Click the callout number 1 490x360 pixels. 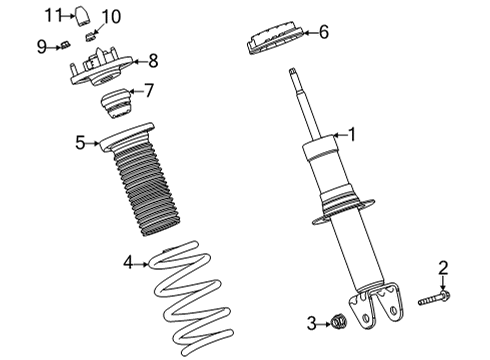[x=350, y=133]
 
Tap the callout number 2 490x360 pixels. [x=443, y=267]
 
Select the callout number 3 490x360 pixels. [x=311, y=322]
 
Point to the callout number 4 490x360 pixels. [x=128, y=263]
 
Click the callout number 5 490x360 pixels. [x=80, y=143]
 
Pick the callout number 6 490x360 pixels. [x=322, y=33]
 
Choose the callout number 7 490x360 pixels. [x=149, y=91]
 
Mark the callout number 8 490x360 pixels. [x=153, y=60]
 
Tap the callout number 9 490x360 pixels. [x=41, y=45]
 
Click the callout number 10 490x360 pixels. [x=111, y=17]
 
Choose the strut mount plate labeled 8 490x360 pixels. [x=100, y=72]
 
